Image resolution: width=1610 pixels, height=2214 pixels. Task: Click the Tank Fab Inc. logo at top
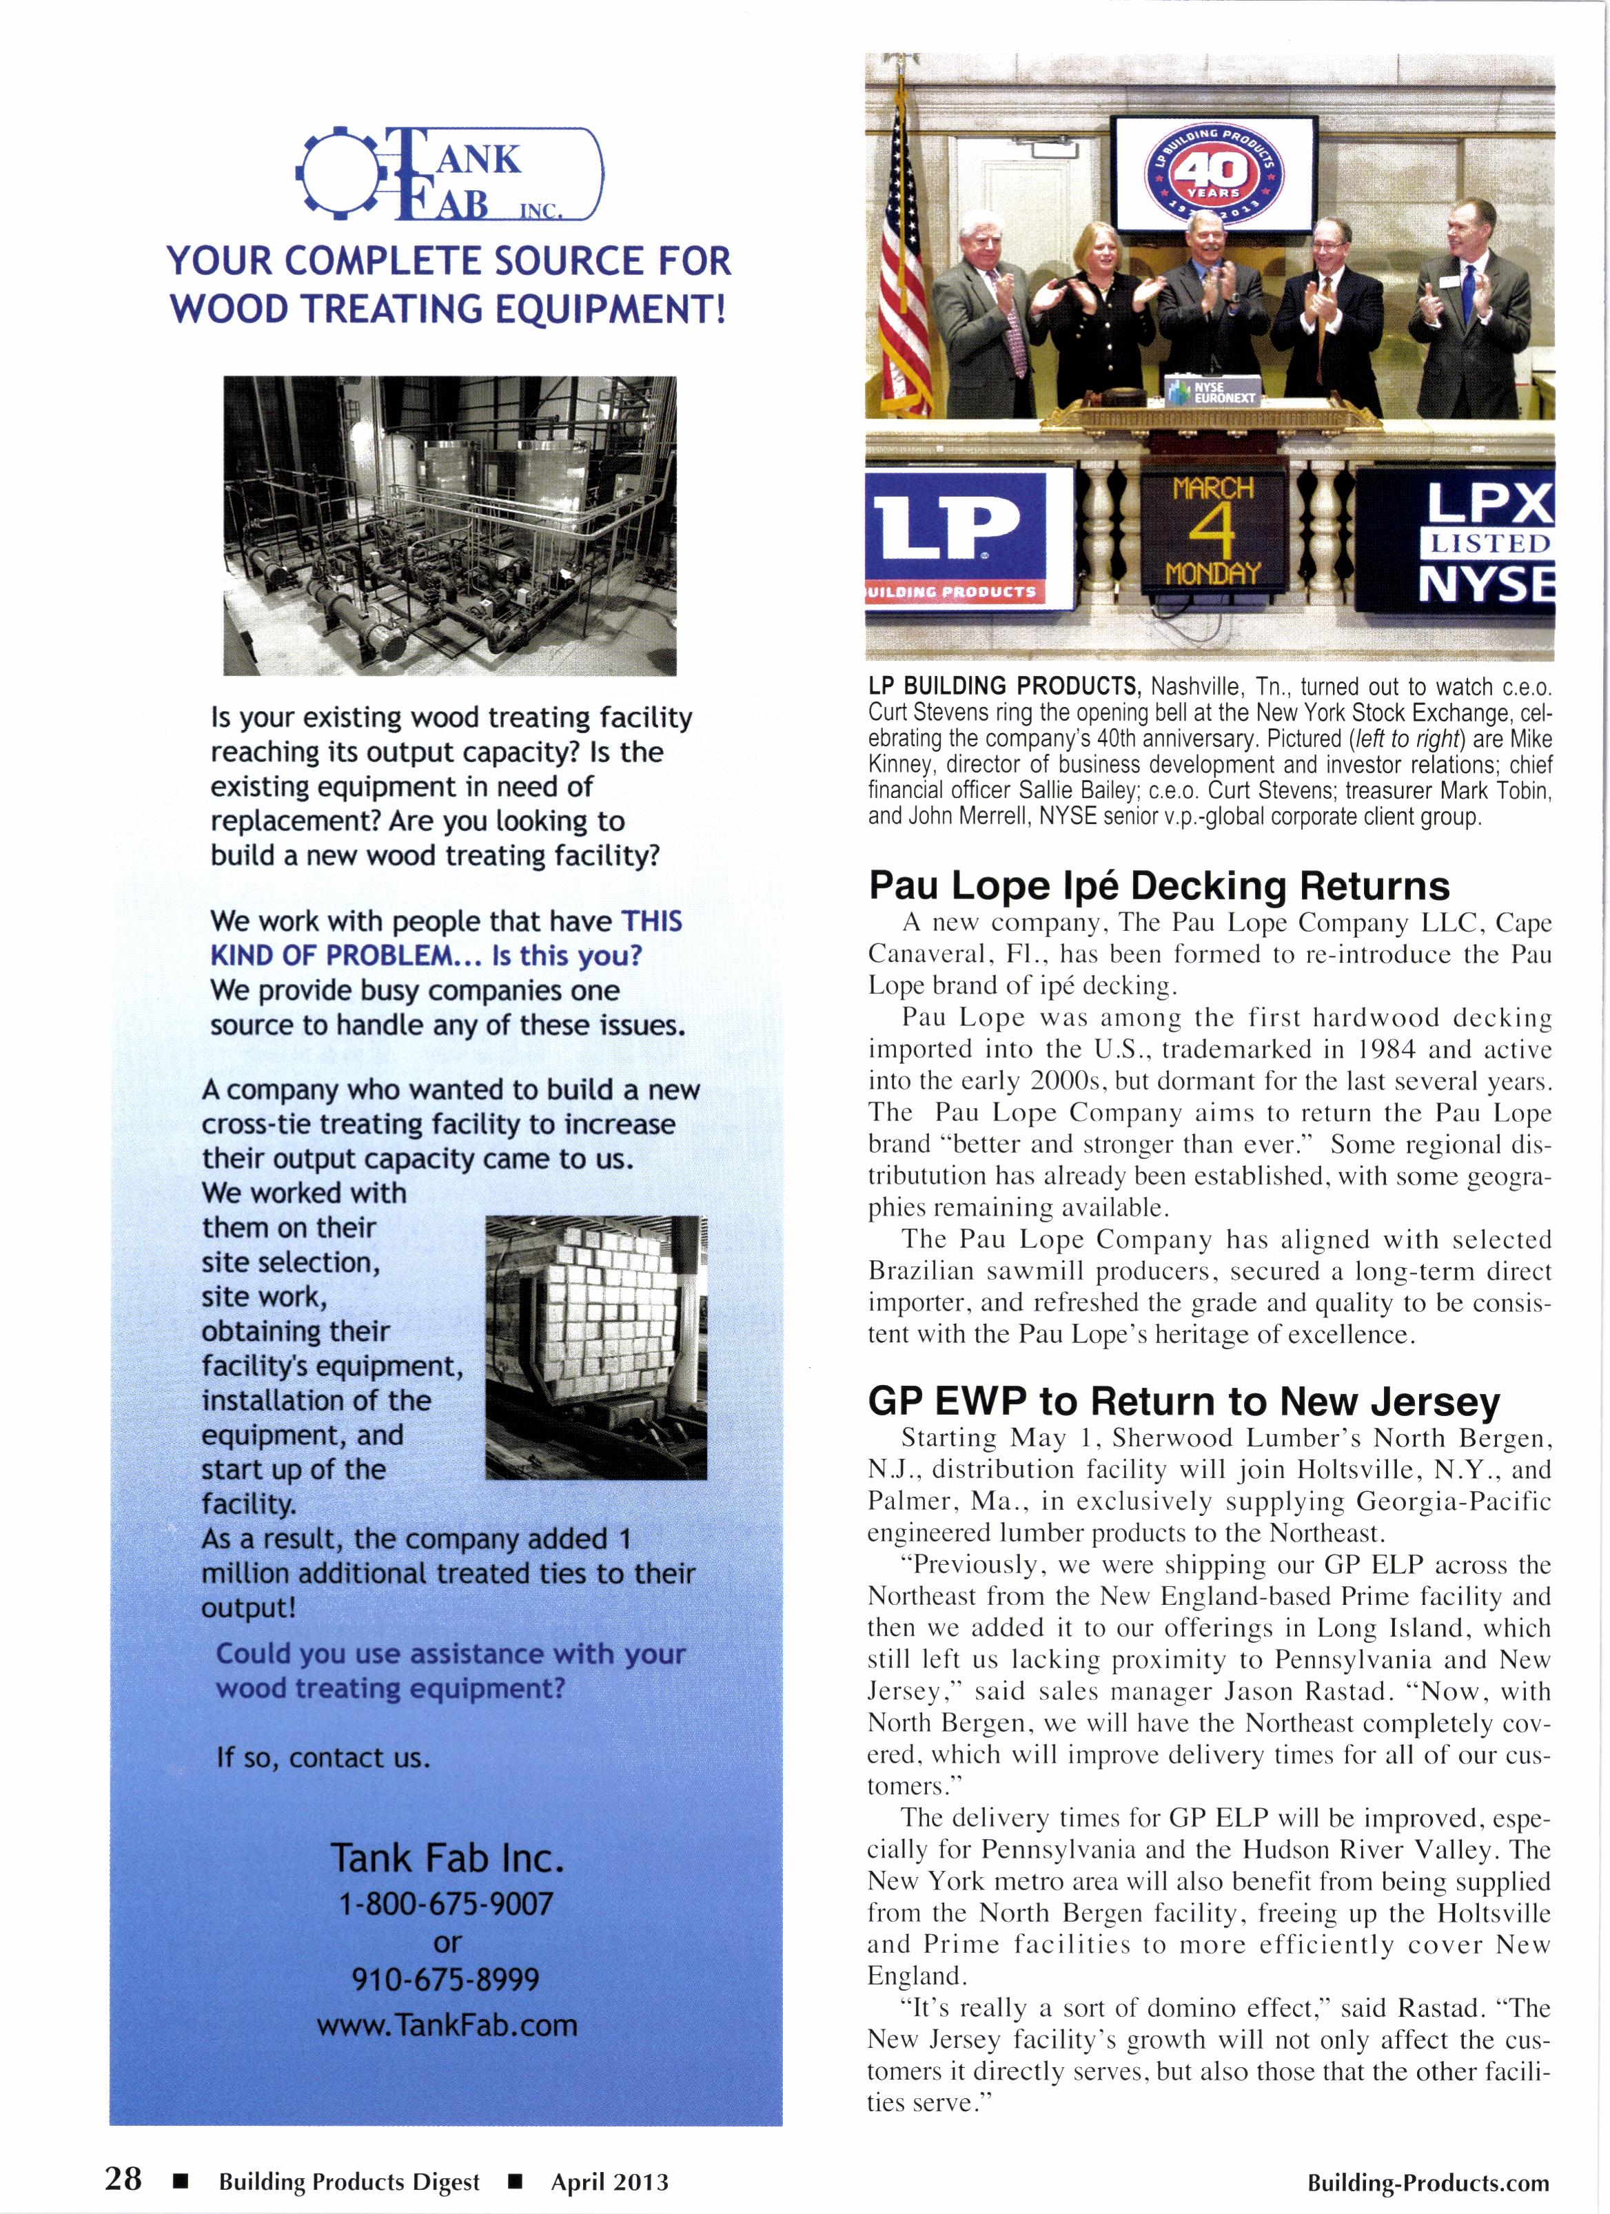450,174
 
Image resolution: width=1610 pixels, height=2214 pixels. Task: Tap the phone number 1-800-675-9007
446,1903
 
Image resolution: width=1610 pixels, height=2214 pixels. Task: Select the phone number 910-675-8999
446,1979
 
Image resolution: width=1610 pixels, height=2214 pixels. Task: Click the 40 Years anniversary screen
1214,174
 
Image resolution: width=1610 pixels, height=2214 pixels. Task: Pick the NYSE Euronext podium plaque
1212,391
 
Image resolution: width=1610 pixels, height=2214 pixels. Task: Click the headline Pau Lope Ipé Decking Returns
1159,886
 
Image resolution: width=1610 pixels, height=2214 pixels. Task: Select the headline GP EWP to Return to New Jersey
1183,1402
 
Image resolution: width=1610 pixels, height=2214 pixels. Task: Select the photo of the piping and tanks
450,525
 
